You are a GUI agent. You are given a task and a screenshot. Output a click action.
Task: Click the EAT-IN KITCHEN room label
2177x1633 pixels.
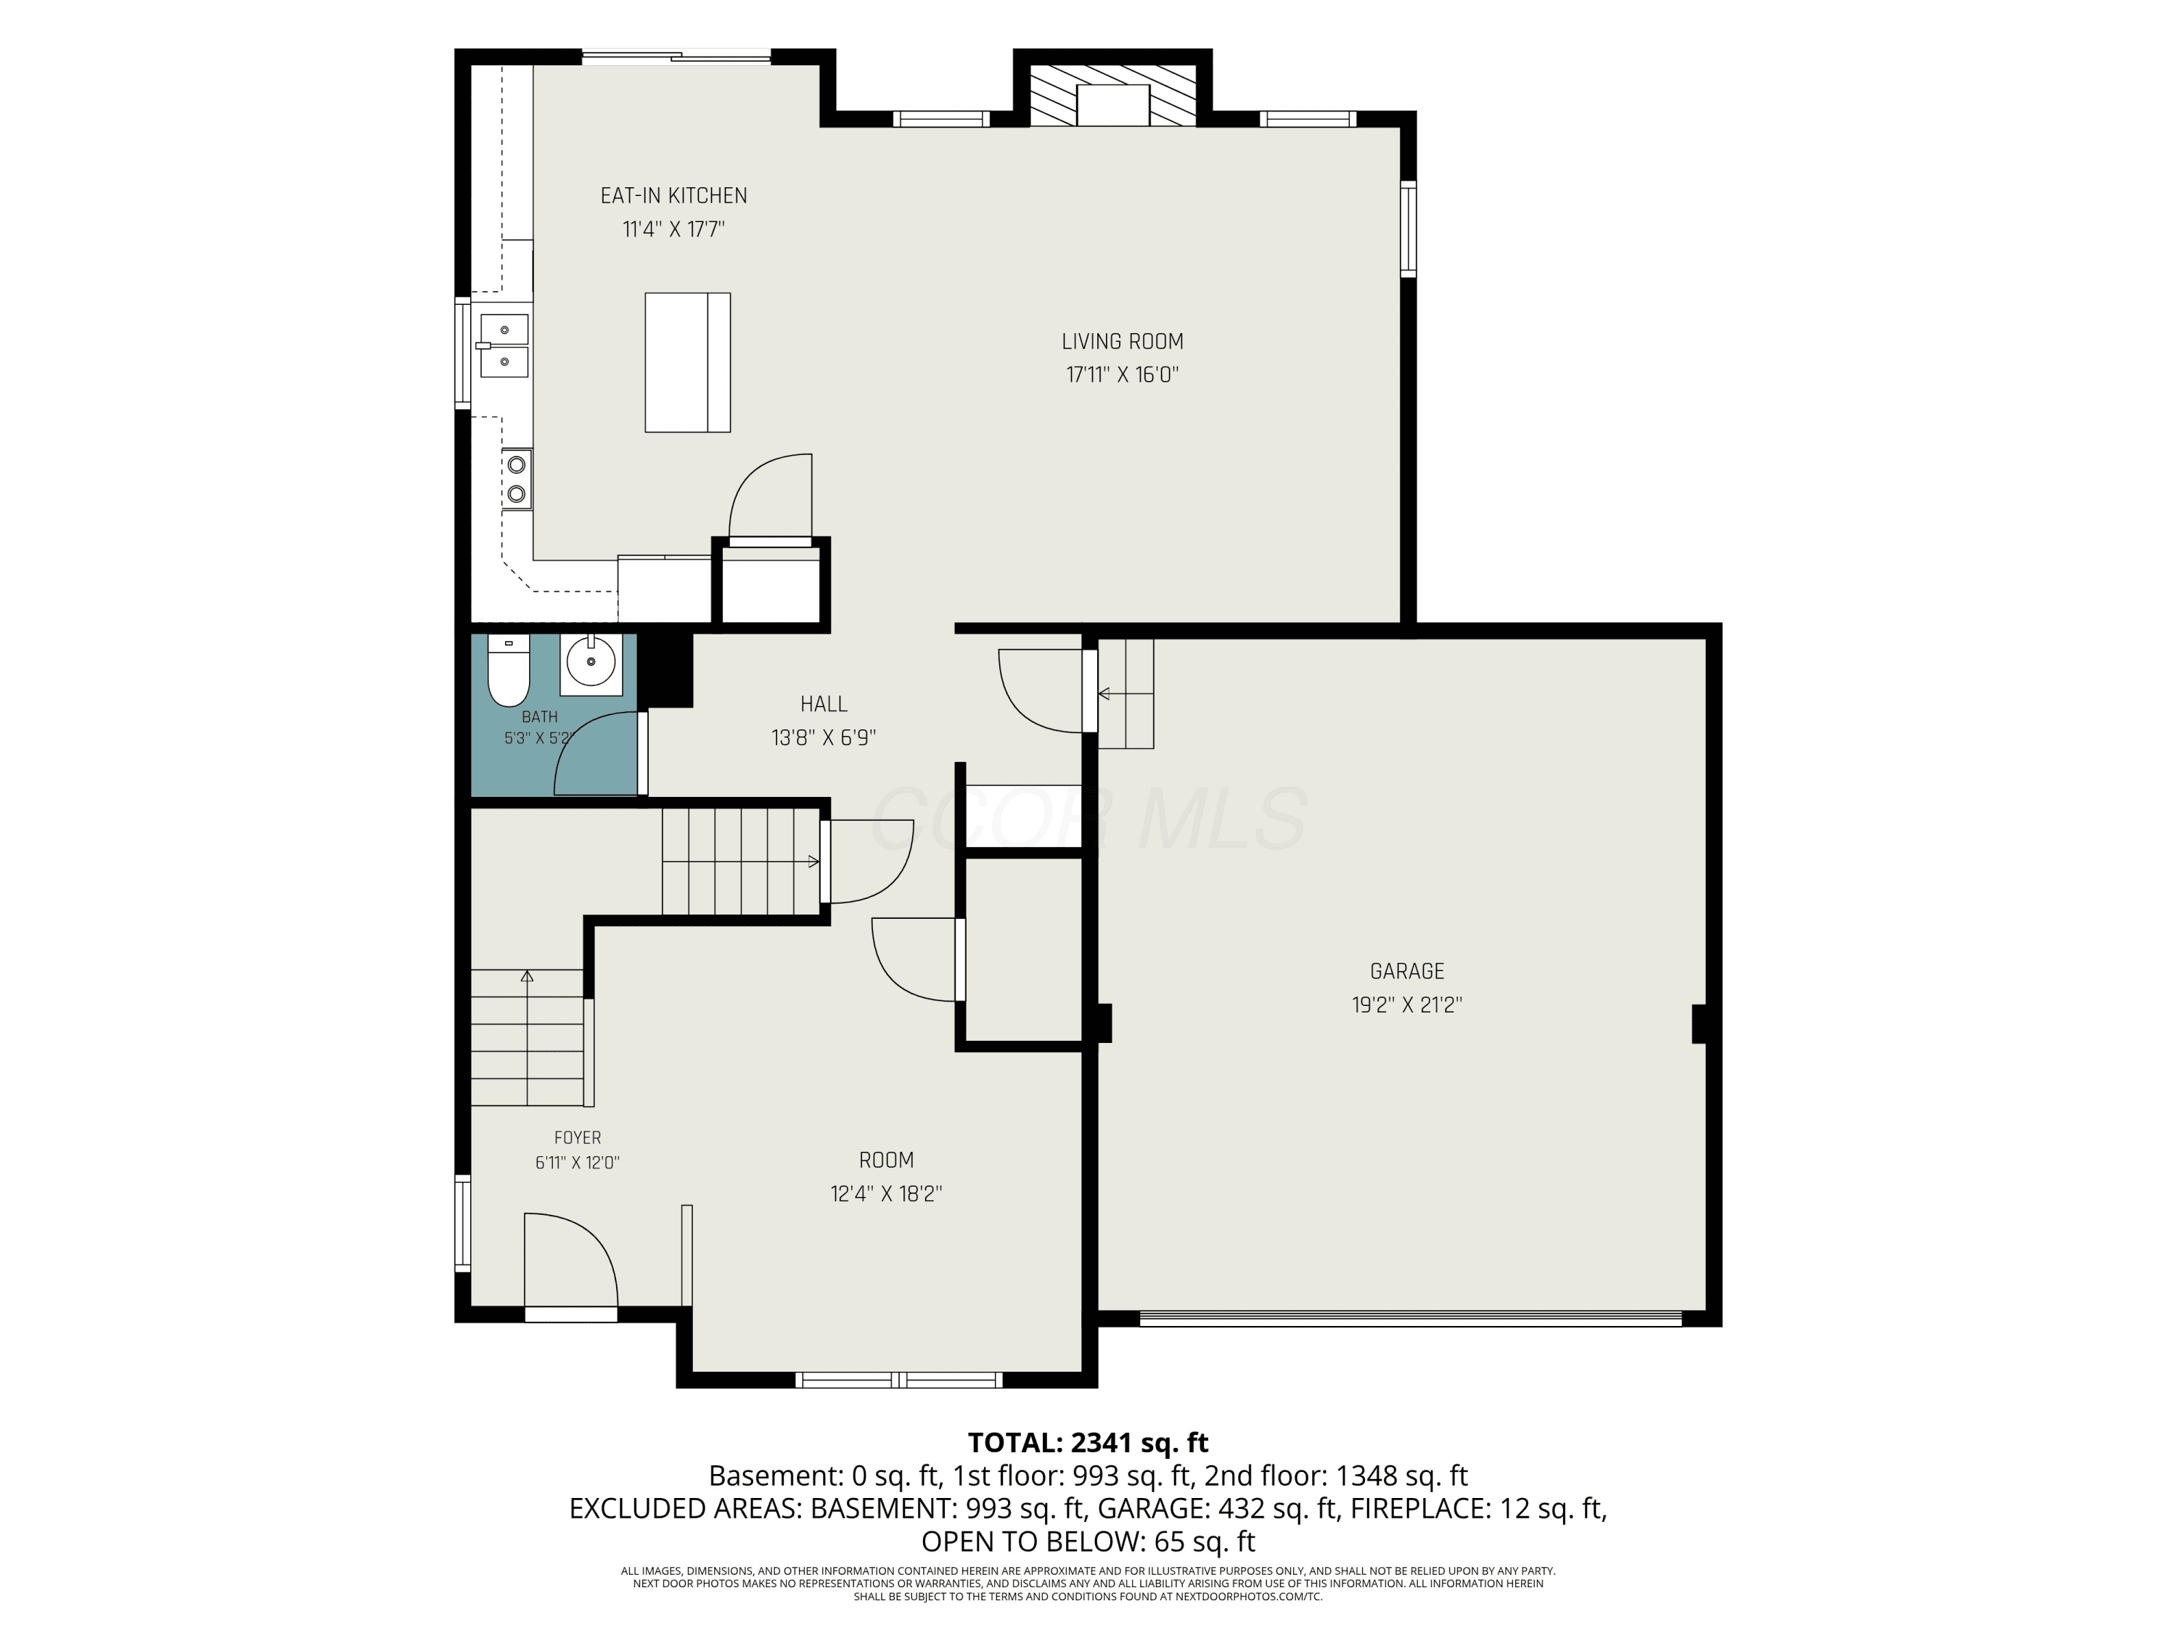coord(673,196)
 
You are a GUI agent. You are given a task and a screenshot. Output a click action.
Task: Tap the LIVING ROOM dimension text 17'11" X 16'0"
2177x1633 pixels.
coord(1122,375)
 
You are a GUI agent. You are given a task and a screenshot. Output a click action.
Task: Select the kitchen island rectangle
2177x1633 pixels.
coord(687,362)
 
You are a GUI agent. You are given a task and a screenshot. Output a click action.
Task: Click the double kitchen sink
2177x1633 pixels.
coord(504,345)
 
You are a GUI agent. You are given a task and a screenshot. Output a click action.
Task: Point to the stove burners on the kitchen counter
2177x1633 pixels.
coord(517,478)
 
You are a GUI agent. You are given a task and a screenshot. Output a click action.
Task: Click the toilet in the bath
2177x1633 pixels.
coord(509,671)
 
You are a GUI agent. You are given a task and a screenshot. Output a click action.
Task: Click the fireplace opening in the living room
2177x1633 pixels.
coord(1113,105)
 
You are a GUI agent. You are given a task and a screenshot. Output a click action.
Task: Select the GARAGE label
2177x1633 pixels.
coord(1406,972)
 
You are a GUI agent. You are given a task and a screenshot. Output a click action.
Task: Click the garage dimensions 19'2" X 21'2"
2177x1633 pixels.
coord(1406,1005)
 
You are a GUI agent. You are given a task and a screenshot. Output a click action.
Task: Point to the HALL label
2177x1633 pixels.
coord(824,704)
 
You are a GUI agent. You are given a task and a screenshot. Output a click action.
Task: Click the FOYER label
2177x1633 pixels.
coord(577,1138)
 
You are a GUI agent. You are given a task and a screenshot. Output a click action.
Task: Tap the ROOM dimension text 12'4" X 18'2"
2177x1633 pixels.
coord(886,1194)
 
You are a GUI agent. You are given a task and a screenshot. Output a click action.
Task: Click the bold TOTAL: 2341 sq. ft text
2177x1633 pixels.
coord(1088,1443)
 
